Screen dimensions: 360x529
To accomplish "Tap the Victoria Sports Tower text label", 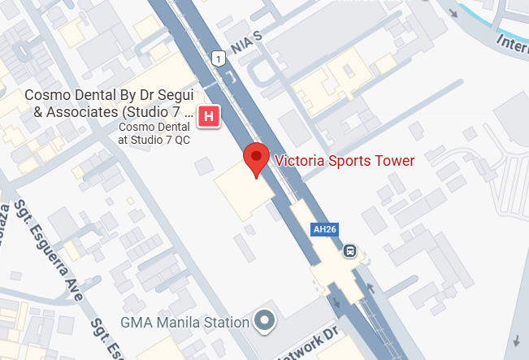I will coord(345,160).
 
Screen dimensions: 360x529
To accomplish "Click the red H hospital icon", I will coord(209,116).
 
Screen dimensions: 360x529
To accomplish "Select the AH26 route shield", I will coord(324,230).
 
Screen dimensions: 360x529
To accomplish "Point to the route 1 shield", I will coord(218,58).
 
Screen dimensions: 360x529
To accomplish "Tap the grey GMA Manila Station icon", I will coord(264,321).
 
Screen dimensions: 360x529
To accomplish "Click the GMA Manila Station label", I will coord(184,322).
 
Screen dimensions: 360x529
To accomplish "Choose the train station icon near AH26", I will coord(350,250).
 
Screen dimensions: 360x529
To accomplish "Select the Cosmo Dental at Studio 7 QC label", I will coord(154,132).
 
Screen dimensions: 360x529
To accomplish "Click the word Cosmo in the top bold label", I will coord(46,95).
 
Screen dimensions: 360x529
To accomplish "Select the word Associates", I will coord(72,111).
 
